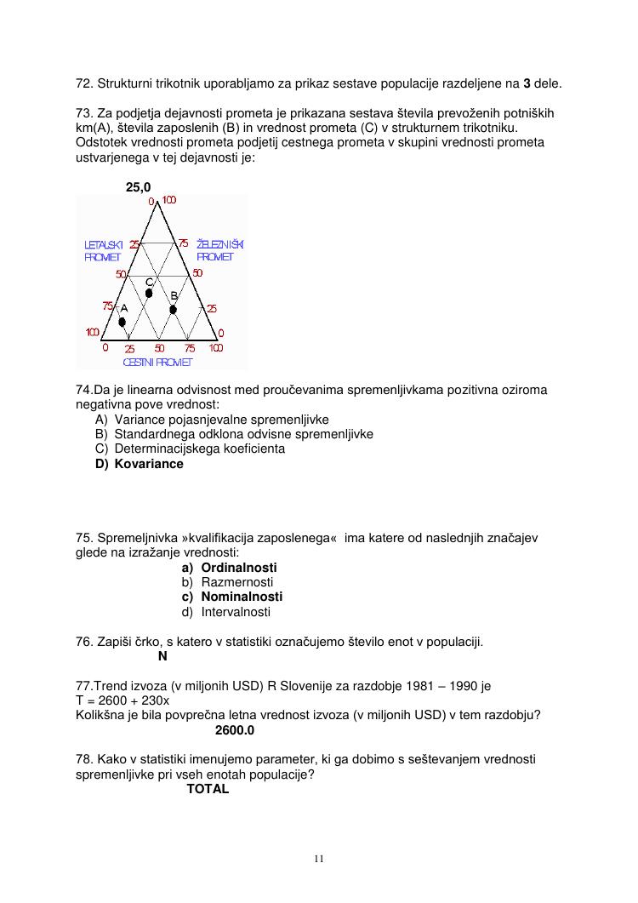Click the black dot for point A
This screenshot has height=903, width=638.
122,322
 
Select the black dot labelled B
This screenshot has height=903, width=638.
173,309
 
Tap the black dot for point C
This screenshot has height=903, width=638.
149,293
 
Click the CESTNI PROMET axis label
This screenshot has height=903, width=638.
157,363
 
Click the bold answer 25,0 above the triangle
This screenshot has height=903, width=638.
139,186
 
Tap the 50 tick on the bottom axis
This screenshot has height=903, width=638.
160,348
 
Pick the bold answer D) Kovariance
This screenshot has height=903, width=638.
140,464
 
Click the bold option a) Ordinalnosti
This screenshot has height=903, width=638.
229,567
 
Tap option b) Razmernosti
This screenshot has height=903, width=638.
227,582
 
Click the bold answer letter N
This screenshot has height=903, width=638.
162,656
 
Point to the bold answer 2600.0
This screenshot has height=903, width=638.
235,730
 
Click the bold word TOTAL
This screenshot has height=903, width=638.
208,789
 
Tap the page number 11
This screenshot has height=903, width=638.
319,858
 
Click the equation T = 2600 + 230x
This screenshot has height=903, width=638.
122,700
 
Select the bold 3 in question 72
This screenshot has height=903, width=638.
527,84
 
